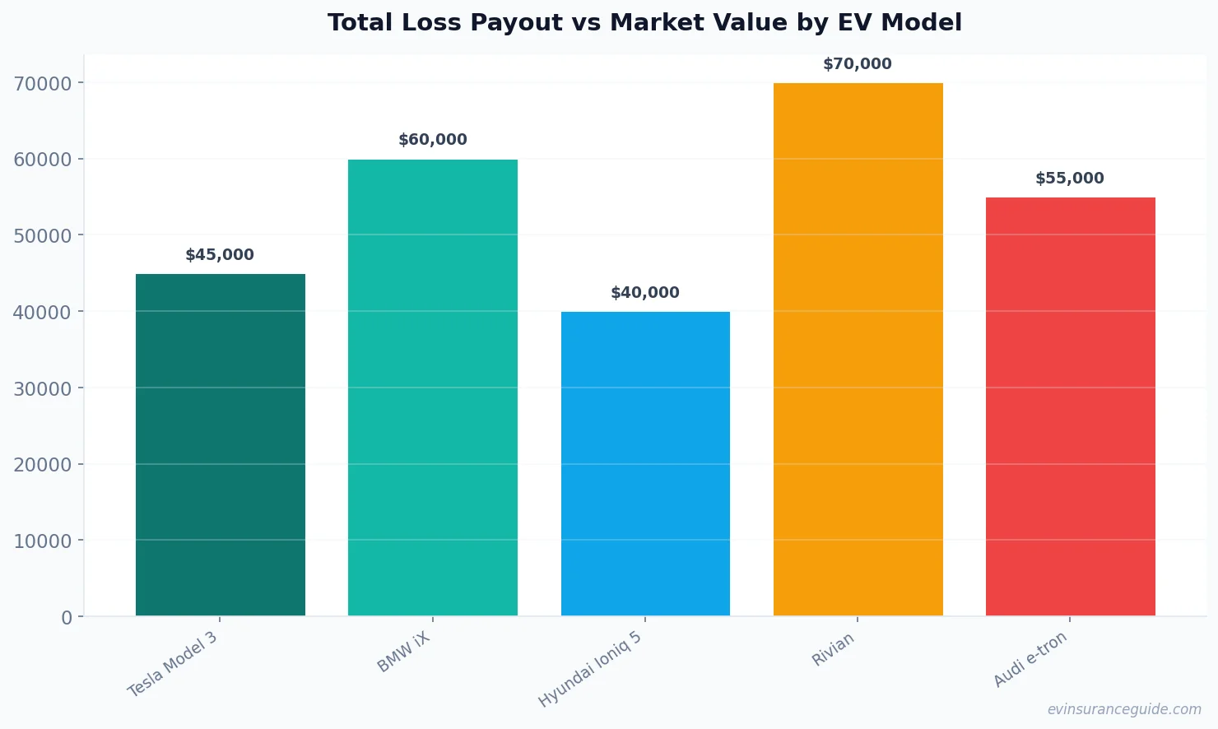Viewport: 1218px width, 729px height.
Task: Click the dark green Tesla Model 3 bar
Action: point(220,444)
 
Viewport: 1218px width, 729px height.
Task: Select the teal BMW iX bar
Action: point(432,387)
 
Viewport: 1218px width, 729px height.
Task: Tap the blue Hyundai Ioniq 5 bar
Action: point(645,463)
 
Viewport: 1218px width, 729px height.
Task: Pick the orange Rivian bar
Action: point(858,349)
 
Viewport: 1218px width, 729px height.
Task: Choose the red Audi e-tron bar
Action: point(1070,406)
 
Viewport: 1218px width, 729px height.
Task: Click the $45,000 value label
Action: point(220,255)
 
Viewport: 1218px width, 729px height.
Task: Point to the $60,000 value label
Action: point(432,140)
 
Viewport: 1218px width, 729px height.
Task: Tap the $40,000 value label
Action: point(645,293)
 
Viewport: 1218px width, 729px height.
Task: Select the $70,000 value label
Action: point(858,64)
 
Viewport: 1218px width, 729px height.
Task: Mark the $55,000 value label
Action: point(1070,179)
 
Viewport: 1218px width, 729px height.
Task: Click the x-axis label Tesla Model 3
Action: point(173,664)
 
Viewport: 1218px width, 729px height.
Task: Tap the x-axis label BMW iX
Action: point(403,652)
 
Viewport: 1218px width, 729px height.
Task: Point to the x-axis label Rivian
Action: point(833,649)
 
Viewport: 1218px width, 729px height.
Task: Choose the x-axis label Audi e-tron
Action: point(1030,658)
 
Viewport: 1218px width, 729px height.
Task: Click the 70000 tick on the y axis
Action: point(43,83)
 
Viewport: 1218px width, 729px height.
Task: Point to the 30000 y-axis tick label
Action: point(43,388)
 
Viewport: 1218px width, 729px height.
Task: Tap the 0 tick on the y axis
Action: point(67,617)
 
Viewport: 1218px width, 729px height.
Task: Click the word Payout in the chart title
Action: point(515,23)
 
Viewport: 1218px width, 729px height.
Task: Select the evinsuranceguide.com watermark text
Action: point(1123,709)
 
